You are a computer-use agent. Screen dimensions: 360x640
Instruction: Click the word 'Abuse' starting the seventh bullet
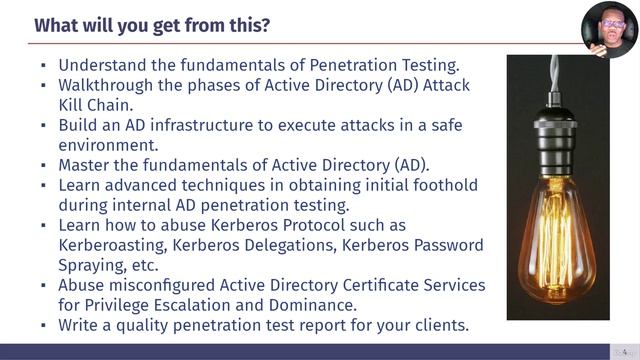(83, 285)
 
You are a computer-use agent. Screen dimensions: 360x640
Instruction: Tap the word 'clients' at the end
(437, 325)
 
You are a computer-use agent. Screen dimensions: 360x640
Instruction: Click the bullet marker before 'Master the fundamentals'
(43, 166)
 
